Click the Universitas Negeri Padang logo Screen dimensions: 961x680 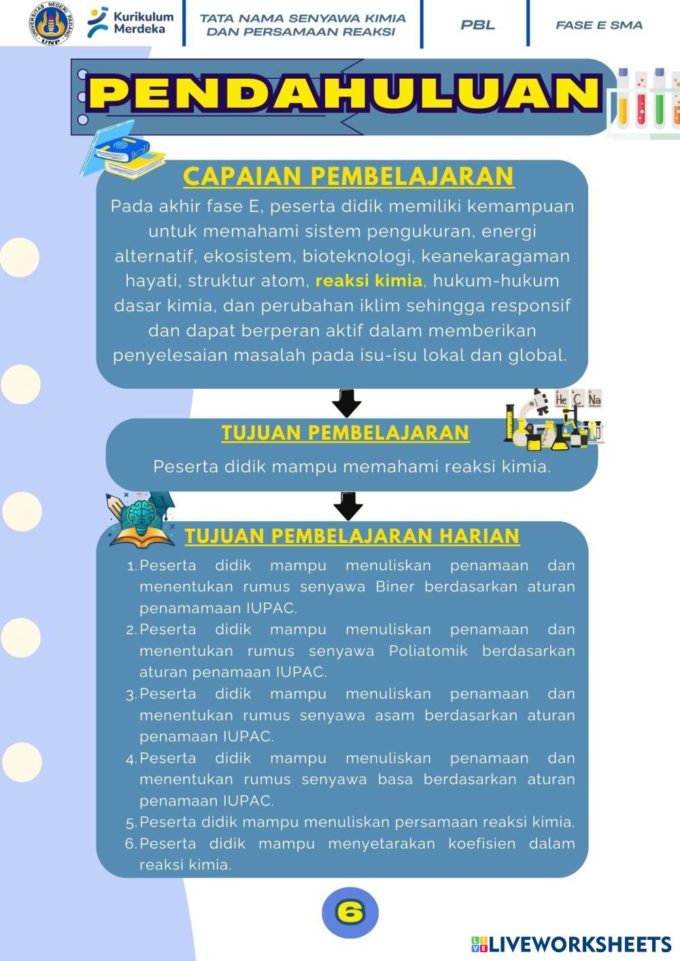pos(51,24)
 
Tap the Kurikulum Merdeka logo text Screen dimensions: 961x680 pos(143,23)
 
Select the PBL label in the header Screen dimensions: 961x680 pos(477,25)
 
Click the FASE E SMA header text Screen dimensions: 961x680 pos(598,25)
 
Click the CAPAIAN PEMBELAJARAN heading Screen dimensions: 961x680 pos(348,176)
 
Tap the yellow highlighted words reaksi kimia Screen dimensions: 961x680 pos(369,281)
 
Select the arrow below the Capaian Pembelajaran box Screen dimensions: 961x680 pos(346,403)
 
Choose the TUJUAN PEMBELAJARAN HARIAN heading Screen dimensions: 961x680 pos(352,536)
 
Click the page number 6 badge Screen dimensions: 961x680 pos(350,912)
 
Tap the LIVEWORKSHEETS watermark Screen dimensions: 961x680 pos(571,944)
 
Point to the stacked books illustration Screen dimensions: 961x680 pos(124,150)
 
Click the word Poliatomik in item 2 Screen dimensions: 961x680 pos(428,651)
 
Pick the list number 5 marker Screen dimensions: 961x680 pos(131,823)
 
